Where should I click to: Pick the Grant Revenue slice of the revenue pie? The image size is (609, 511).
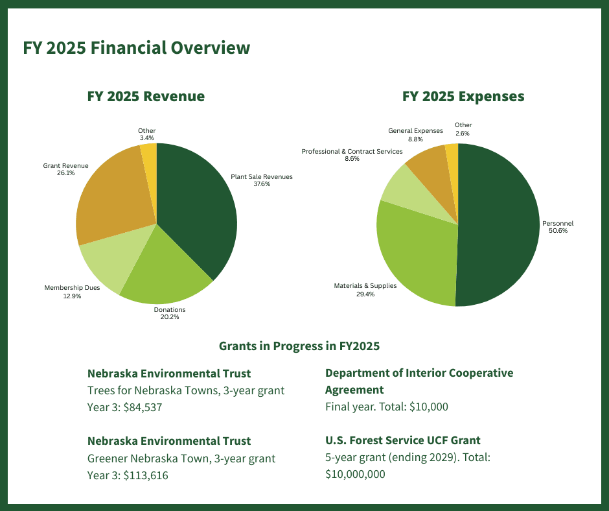point(110,195)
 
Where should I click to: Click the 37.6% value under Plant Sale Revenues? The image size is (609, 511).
point(262,184)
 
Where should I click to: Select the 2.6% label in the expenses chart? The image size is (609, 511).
point(463,133)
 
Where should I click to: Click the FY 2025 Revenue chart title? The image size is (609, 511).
point(146,97)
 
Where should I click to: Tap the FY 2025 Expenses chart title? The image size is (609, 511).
point(463,97)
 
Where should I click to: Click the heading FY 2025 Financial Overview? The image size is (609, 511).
point(136,48)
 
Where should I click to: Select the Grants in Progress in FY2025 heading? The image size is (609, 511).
point(299,346)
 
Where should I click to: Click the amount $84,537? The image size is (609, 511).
point(142,408)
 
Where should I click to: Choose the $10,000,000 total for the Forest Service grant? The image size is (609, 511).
point(355,474)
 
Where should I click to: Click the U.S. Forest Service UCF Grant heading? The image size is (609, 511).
point(402,440)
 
